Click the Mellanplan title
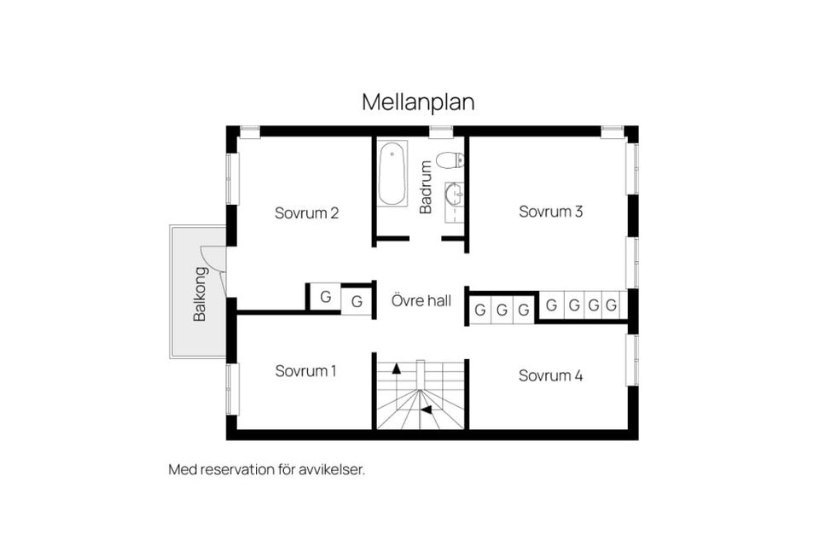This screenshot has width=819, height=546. (418, 102)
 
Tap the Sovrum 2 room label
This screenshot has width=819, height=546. (307, 213)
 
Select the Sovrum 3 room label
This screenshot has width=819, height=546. (551, 212)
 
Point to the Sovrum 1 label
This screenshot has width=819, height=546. (305, 371)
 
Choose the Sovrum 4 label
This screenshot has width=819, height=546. (550, 375)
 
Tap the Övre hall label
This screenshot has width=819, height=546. (421, 300)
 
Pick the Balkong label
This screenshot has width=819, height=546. (200, 294)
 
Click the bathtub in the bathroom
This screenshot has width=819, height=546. (392, 175)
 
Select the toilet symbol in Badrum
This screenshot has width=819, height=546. (450, 160)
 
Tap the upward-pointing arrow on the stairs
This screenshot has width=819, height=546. (396, 370)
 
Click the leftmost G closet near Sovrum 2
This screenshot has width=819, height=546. (325, 297)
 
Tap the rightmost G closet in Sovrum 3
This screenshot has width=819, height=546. (611, 304)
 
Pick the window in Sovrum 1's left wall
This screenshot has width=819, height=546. (232, 390)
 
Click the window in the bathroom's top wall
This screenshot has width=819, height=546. (440, 131)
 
